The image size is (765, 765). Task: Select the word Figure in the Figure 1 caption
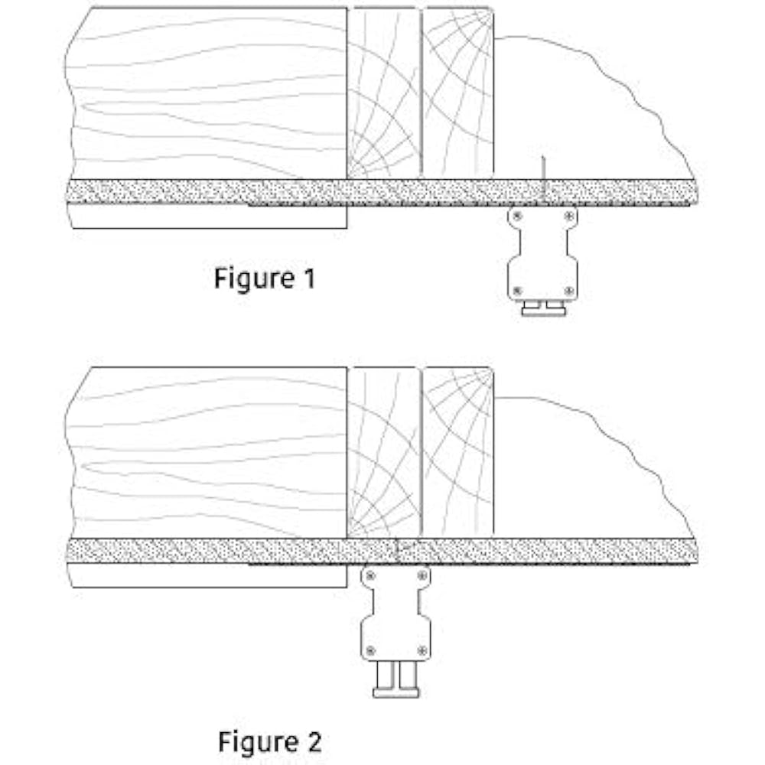tap(249, 278)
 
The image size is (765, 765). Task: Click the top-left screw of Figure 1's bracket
tap(516, 216)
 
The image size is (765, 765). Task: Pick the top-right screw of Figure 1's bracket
tap(568, 216)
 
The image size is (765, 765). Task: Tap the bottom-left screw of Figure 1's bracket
tap(516, 291)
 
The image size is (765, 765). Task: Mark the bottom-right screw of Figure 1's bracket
tap(568, 291)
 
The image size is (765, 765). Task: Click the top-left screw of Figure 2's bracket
tap(370, 575)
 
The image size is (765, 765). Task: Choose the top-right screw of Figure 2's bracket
tap(422, 575)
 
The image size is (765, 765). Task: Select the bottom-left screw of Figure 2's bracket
tap(370, 649)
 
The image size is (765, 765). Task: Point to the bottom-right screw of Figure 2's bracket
tap(422, 649)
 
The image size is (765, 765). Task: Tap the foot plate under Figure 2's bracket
tap(396, 693)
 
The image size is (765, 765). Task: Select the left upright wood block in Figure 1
tap(384, 92)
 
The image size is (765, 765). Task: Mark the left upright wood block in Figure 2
tap(384, 451)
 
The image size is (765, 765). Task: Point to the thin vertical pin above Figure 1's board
tap(542, 168)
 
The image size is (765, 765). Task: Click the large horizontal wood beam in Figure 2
tap(207, 451)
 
